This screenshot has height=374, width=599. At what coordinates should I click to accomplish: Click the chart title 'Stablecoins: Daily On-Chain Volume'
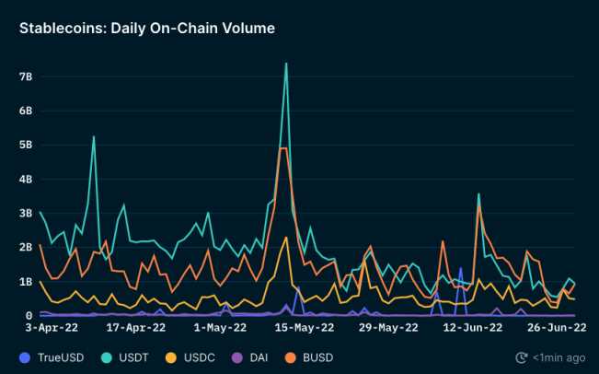pyautogui.click(x=146, y=29)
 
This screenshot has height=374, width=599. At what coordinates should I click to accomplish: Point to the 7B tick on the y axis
pyautogui.click(x=28, y=76)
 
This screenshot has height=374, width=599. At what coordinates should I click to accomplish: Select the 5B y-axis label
pyautogui.click(x=28, y=145)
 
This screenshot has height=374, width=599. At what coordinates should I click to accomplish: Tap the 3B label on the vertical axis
pyautogui.click(x=28, y=213)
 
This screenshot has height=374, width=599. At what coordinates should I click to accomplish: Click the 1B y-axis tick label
pyautogui.click(x=28, y=281)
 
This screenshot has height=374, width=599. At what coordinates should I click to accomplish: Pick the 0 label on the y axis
pyautogui.click(x=30, y=315)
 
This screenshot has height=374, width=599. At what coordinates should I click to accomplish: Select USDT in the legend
pyautogui.click(x=132, y=356)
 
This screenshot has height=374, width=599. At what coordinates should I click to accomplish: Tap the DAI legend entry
pyautogui.click(x=259, y=356)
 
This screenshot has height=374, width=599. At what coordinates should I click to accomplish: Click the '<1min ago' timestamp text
pyautogui.click(x=558, y=356)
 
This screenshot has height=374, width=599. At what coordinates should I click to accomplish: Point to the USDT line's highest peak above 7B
pyautogui.click(x=286, y=64)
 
